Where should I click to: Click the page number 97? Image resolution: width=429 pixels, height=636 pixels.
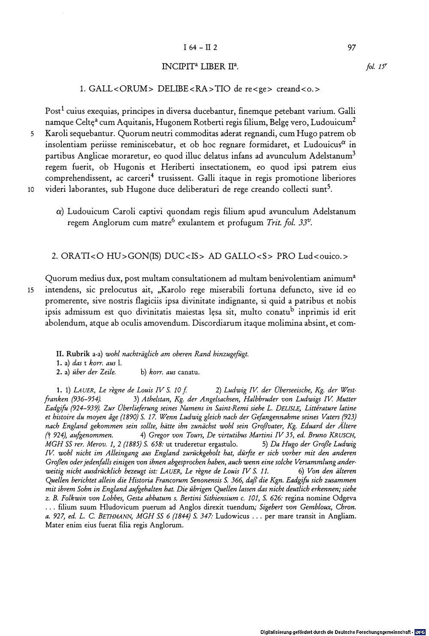tap(352, 48)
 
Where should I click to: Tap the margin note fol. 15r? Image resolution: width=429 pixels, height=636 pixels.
tap(373, 67)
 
